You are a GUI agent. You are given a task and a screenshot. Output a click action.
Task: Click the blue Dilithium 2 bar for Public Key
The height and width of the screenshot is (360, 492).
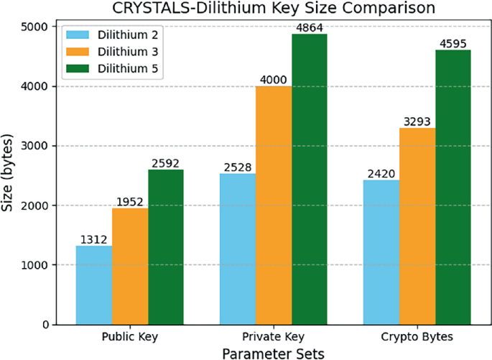pyautogui.click(x=93, y=285)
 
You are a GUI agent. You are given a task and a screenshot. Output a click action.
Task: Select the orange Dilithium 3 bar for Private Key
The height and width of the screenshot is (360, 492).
pyautogui.click(x=273, y=205)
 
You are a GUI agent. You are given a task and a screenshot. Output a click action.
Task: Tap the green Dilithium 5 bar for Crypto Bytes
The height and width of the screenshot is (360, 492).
pyautogui.click(x=452, y=187)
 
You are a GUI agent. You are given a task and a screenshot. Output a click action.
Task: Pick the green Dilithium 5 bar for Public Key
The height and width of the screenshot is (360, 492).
pyautogui.click(x=167, y=246)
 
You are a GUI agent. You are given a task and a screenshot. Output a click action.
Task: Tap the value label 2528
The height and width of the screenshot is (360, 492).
pyautogui.click(x=236, y=167)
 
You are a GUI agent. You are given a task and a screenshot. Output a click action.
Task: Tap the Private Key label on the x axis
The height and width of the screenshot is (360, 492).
pyautogui.click(x=273, y=336)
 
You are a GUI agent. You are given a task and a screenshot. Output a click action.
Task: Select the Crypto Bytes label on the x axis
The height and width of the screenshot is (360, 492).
pyautogui.click(x=416, y=336)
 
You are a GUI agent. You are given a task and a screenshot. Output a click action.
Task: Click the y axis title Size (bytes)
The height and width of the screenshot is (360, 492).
pyautogui.click(x=9, y=175)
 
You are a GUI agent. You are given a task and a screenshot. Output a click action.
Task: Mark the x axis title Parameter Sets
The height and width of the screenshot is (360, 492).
pyautogui.click(x=273, y=352)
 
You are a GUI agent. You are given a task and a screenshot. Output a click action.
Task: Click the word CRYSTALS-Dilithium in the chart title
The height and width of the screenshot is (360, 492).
pyautogui.click(x=185, y=9)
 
